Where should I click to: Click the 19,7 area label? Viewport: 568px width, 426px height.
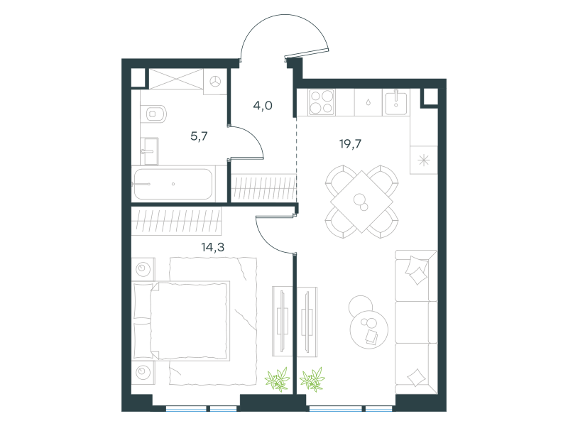coord(350,144)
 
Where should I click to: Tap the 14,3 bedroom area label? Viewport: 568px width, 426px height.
coord(212,247)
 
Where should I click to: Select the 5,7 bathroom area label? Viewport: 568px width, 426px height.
coord(199,136)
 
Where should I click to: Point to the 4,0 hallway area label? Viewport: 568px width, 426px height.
coord(263,105)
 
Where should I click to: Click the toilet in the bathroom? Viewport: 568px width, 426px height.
coord(153,114)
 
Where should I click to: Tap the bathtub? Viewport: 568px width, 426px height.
coord(173,184)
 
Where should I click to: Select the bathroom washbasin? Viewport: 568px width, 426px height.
coord(149,151)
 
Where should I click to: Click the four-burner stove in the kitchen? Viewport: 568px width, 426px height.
coord(322,102)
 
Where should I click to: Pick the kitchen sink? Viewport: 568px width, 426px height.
coord(396,102)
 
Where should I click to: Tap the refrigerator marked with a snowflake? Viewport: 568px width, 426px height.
coord(423,160)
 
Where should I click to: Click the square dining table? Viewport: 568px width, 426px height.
coord(361,202)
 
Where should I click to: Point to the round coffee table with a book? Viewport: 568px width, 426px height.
coord(368,329)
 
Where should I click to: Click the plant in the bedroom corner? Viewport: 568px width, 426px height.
coord(278,379)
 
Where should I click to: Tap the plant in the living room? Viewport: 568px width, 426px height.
coord(312,379)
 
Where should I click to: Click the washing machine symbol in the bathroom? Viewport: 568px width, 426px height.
coord(216,82)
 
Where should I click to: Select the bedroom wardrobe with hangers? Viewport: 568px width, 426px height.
coord(176,221)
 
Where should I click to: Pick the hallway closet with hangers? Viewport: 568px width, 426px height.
coord(263,188)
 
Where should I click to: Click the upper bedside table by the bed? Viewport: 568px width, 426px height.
coord(143,269)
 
